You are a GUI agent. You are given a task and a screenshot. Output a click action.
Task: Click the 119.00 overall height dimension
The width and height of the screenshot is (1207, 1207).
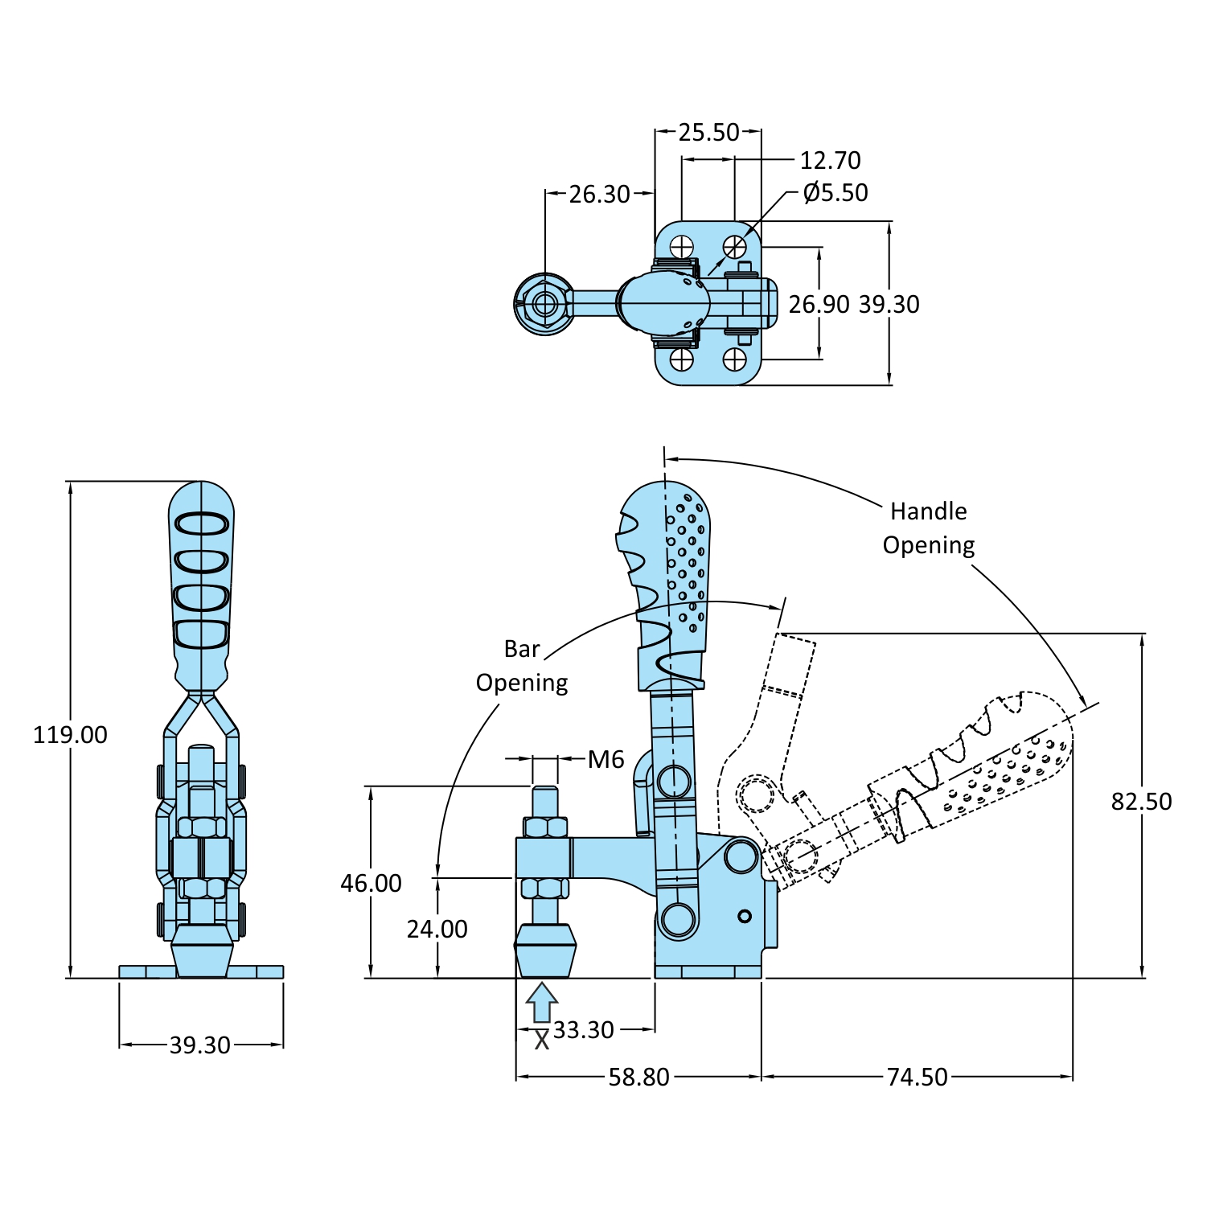point(70,735)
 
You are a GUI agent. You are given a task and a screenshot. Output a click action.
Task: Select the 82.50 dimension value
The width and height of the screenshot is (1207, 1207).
point(1141,802)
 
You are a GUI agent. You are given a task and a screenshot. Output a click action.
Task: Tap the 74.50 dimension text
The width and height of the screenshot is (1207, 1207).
point(917,1077)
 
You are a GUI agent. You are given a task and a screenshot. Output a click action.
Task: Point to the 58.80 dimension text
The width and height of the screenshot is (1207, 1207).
point(638,1077)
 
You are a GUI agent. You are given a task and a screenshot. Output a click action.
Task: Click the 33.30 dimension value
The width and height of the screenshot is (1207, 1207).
point(583,1030)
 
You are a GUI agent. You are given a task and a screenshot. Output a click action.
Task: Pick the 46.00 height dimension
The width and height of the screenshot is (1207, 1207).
point(371,884)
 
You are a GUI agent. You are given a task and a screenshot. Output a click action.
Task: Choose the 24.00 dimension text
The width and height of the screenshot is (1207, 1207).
point(437,930)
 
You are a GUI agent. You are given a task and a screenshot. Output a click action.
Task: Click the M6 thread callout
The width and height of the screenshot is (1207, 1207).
point(606,760)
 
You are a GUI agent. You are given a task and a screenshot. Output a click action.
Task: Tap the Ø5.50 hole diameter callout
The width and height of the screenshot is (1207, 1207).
point(835,193)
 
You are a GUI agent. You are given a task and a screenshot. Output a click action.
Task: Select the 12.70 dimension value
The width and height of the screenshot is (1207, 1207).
point(830,161)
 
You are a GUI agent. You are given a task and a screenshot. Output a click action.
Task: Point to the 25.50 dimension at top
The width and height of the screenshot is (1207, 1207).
point(708,133)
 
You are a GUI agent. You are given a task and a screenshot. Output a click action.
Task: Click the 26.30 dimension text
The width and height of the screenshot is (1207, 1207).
point(599,195)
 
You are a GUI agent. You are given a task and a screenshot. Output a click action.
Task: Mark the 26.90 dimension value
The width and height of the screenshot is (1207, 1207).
point(819,305)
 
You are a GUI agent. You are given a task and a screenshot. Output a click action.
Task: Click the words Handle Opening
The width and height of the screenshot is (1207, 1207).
point(929,528)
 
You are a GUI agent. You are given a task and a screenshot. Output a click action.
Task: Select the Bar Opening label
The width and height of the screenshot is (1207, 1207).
point(522,666)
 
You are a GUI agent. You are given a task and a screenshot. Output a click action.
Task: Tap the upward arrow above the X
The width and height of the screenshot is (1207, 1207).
point(542,1002)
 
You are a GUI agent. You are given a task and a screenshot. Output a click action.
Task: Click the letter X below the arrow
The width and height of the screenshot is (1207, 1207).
point(542,1040)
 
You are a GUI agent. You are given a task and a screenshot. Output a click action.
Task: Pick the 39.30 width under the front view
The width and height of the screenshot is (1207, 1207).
point(199,1045)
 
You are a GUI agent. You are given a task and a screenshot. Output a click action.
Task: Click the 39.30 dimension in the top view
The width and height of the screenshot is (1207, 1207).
point(889,305)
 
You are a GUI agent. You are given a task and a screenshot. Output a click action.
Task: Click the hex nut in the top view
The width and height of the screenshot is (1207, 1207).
point(544,304)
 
